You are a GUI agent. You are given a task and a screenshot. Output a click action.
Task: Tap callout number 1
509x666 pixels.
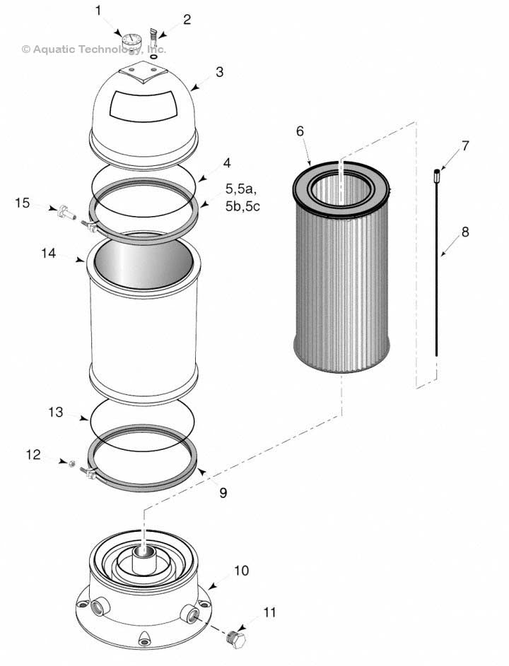[x=98, y=11]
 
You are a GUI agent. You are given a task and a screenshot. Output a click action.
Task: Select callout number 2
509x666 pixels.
[x=187, y=19]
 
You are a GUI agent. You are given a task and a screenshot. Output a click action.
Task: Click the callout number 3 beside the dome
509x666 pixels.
[x=220, y=72]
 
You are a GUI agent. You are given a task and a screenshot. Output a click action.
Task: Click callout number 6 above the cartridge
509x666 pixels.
[x=300, y=131]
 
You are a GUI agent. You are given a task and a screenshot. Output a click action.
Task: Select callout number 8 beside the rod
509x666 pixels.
[x=464, y=231]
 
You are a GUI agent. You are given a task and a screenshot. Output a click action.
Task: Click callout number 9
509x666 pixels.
[x=223, y=493]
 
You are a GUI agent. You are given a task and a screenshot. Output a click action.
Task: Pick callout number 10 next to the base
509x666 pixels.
[x=241, y=570]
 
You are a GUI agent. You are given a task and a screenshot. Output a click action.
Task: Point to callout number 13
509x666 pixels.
[x=56, y=412]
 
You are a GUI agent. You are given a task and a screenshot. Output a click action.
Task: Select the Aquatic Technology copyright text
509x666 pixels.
[x=94, y=49]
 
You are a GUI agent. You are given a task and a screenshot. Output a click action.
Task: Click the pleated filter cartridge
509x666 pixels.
[x=341, y=275]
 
